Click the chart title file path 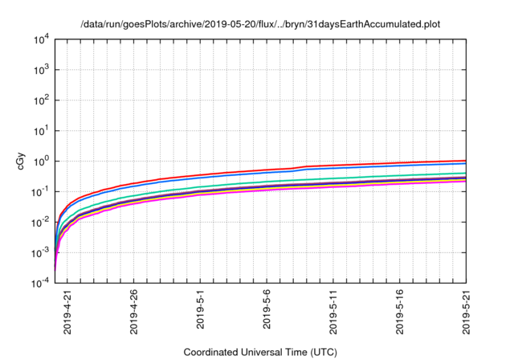coord(261,24)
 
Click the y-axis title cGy coord(22,161)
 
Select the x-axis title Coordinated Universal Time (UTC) coord(260,352)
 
